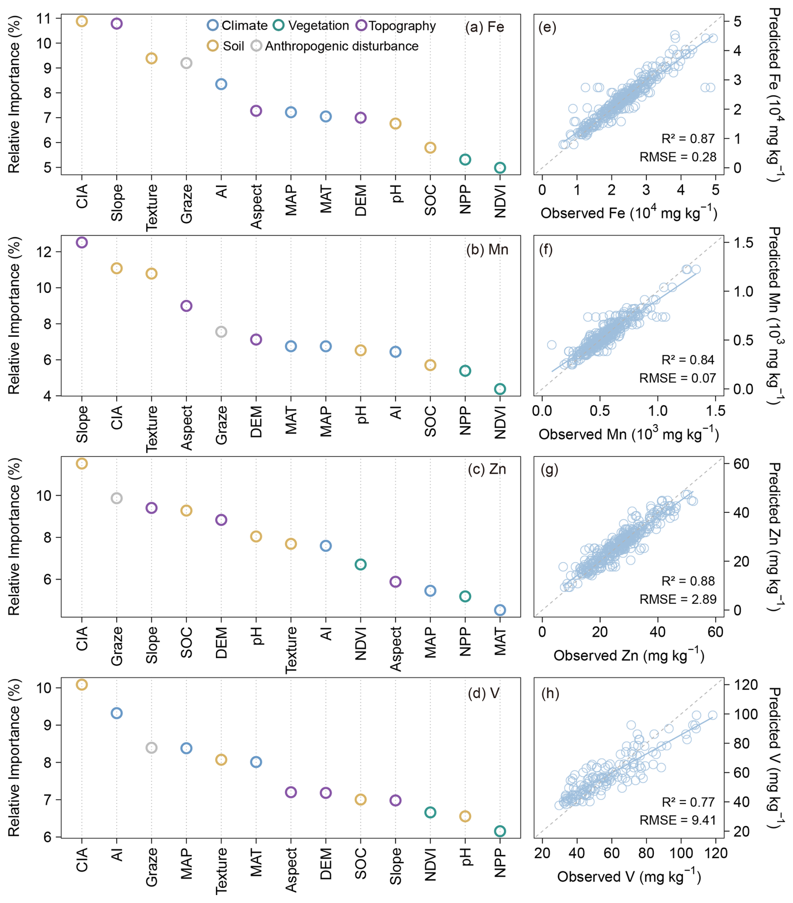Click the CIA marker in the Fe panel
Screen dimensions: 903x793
(82, 21)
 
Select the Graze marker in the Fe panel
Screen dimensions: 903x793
(187, 63)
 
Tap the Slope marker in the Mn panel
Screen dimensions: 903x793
(82, 242)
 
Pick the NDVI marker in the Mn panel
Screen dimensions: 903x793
(500, 389)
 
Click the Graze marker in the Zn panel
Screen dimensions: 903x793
(117, 498)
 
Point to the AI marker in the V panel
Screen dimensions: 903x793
(117, 713)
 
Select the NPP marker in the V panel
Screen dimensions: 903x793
(500, 831)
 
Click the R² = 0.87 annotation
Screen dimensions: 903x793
(688, 139)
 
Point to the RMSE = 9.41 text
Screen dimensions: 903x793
(678, 820)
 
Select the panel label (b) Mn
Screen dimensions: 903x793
(487, 250)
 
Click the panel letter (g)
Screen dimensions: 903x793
(549, 469)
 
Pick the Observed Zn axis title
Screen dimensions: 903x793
(629, 655)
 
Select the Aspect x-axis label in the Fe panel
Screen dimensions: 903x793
(256, 207)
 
